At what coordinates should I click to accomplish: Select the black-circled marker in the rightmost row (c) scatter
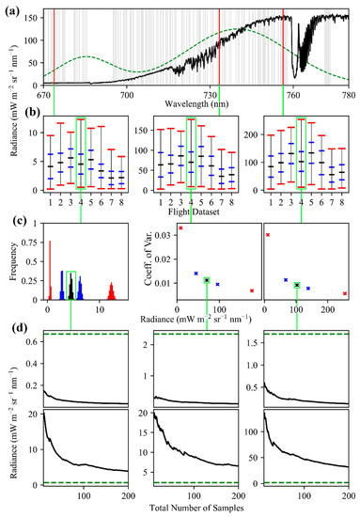(297, 285)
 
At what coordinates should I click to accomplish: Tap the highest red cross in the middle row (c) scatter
(181, 227)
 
